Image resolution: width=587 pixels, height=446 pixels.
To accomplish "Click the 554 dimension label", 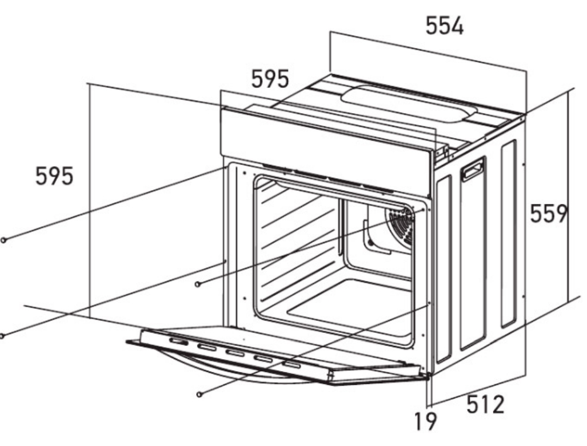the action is point(444,26).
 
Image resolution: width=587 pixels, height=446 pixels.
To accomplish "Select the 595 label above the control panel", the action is point(270,79).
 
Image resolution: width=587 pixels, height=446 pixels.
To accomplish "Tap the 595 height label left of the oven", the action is point(54,176).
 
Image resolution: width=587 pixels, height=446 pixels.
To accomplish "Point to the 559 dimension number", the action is point(549,214).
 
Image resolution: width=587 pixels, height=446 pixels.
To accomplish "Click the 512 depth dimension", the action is point(485,404).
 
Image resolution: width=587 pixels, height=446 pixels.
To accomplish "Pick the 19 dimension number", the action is point(426,420).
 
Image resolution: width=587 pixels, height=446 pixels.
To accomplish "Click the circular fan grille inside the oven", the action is point(401,224).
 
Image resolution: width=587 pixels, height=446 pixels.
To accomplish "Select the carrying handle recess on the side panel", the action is point(473,168).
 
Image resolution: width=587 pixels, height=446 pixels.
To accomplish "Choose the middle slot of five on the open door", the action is point(235,353).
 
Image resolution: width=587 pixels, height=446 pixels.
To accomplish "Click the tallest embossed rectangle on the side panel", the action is point(473,255).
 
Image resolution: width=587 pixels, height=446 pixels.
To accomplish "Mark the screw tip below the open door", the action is point(199,394).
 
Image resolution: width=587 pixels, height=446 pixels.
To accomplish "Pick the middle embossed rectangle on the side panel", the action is point(473,255).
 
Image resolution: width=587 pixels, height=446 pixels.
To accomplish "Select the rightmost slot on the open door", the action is point(291,364).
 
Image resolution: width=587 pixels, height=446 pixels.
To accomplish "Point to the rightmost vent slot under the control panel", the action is point(378,189).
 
